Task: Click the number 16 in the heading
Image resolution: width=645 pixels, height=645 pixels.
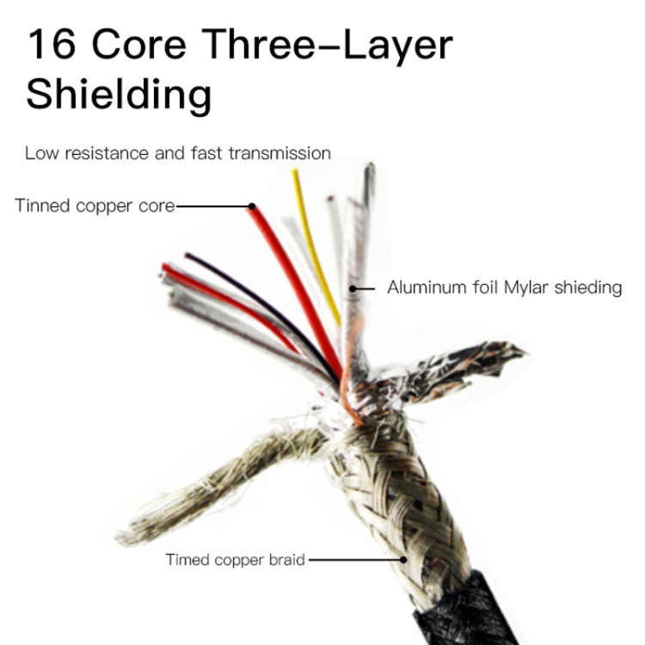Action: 52,44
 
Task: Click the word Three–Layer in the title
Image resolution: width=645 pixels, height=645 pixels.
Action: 328,46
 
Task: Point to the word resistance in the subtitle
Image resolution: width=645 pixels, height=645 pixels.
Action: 107,153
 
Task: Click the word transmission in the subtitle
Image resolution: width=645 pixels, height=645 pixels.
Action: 279,153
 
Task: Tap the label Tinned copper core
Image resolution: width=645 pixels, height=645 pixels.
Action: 95,206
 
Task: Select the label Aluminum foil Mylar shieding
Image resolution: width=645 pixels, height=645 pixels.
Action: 504,287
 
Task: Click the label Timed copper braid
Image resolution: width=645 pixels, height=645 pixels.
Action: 236,560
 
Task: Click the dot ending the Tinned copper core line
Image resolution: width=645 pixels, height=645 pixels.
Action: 252,206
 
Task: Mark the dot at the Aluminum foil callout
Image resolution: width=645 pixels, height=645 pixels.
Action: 353,289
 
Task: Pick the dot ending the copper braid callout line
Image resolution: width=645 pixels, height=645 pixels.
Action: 403,560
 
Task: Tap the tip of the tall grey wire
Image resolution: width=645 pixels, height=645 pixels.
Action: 370,164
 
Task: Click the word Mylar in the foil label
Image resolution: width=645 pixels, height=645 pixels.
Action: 525,287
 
